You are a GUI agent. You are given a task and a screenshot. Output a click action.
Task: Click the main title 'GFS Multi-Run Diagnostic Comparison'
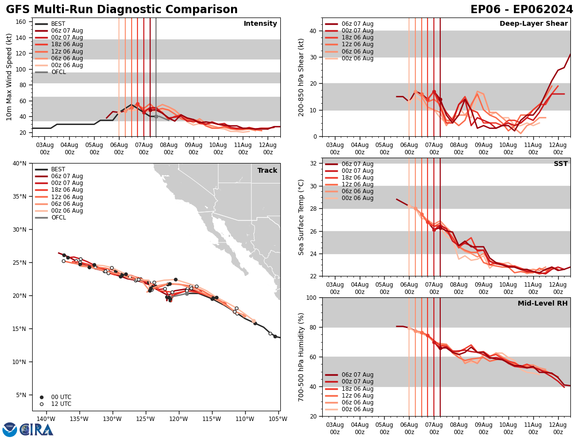click(x=122, y=10)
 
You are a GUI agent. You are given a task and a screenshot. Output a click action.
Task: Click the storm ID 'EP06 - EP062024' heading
click(x=522, y=10)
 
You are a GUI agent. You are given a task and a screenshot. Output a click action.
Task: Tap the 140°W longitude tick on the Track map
click(x=45, y=419)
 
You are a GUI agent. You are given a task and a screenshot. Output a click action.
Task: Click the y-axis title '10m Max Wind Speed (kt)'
click(x=9, y=77)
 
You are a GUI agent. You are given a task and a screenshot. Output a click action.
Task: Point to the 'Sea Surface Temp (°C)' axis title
click(x=301, y=217)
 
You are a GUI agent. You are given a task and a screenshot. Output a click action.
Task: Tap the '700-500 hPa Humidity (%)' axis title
click(x=301, y=357)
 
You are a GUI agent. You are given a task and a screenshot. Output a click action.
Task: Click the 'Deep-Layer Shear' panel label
click(x=533, y=24)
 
